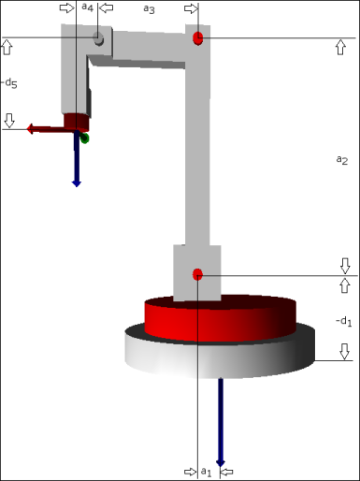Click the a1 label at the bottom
click(205, 471)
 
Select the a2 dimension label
click(341, 159)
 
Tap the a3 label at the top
click(149, 8)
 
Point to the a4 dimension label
click(87, 7)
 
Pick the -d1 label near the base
click(343, 322)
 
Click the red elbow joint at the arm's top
click(197, 38)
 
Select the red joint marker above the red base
click(197, 274)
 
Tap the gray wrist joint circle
click(98, 39)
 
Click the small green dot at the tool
click(84, 138)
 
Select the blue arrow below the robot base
click(221, 421)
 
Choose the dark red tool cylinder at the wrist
click(77, 122)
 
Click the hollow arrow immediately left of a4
click(67, 7)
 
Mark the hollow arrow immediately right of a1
click(225, 470)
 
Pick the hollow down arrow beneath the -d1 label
click(344, 351)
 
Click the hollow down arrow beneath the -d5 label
click(9, 120)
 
